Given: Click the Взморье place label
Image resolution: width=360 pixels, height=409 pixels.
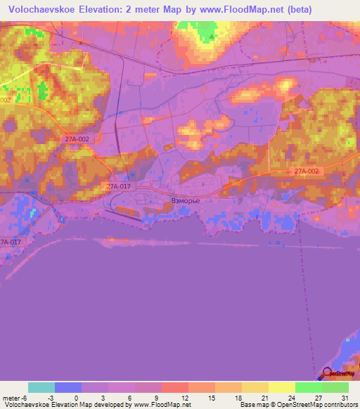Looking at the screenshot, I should pos(186,201).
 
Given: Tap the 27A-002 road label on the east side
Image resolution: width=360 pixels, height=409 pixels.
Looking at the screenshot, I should pos(307,171).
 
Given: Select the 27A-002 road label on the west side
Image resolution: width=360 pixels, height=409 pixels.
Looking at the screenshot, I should pos(77,139).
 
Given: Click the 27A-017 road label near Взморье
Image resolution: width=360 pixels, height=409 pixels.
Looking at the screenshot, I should pos(119,186).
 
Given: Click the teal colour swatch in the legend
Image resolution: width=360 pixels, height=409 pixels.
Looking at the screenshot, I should pos(41,387).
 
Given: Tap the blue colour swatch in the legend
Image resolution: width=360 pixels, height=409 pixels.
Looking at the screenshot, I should pos(68,387).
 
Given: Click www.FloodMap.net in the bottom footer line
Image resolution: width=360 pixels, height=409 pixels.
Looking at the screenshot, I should pos(161,405).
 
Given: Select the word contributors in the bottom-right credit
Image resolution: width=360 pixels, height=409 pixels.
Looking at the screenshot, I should pos(337,405).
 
